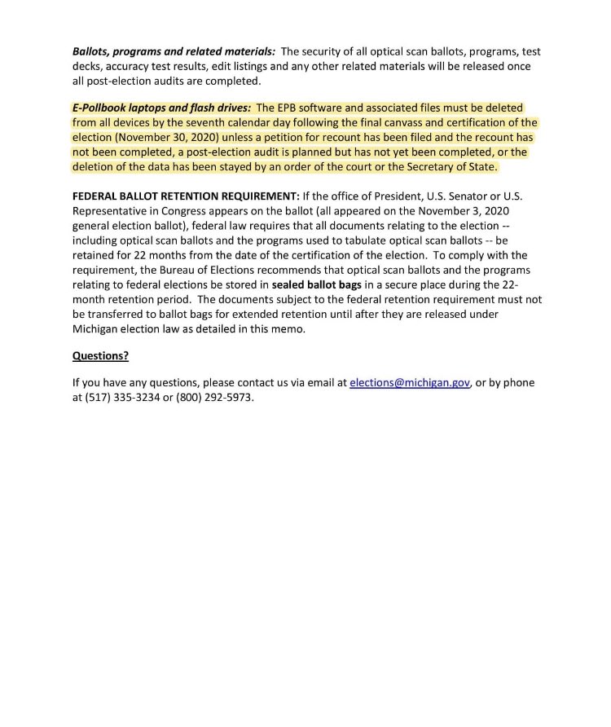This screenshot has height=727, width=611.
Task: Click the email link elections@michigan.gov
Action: click(x=410, y=383)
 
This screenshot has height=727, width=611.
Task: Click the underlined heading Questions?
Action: click(x=101, y=355)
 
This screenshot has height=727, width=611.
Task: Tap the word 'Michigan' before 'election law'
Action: click(x=96, y=328)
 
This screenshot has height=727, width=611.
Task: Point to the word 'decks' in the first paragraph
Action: click(x=88, y=65)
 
